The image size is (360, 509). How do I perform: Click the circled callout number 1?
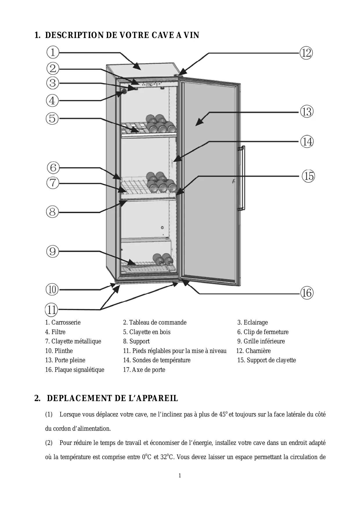53,52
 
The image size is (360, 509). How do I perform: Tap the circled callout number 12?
306,53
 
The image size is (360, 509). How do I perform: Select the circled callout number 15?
308,176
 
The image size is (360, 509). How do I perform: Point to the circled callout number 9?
53,251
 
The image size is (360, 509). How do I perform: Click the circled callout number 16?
307,293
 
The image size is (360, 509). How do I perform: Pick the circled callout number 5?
53,118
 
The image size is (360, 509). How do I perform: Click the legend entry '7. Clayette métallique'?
73,341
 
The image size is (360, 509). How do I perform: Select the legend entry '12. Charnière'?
253,351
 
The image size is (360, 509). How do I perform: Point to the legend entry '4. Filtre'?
55,332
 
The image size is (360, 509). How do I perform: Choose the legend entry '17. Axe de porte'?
144,370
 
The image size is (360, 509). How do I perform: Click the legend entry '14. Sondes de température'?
157,360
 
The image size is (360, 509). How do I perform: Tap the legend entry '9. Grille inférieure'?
261,341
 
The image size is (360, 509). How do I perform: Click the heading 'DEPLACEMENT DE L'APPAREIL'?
112,398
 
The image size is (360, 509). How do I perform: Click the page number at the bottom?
180,475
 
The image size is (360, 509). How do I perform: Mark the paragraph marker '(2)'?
49,443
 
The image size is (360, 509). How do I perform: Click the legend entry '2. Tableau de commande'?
155,323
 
